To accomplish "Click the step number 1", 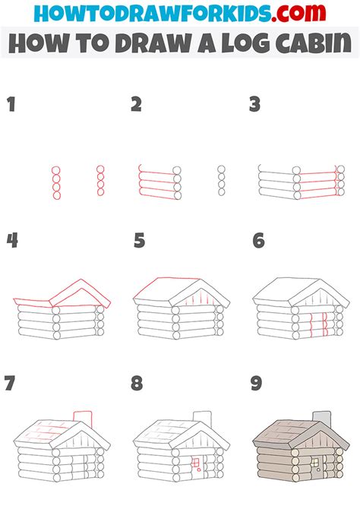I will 11,104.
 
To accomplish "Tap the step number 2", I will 136,104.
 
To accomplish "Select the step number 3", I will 255,104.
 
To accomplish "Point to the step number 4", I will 12,242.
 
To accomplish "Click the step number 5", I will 138,242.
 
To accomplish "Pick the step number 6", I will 258,242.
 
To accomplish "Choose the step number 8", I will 137,383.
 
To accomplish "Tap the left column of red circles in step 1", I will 55,182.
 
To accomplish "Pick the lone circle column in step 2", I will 221,182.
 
